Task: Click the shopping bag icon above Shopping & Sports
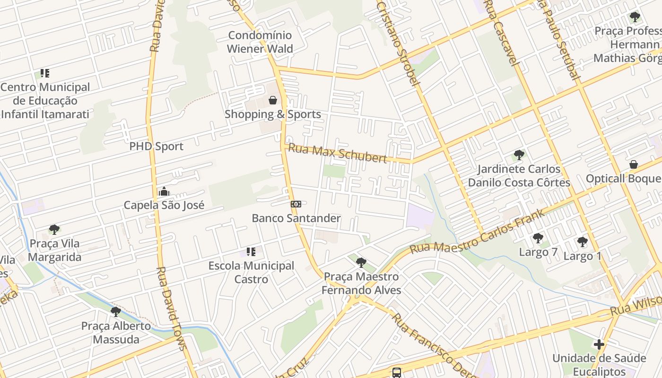click(273, 100)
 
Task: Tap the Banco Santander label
click(296, 218)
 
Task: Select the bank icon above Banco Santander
click(296, 204)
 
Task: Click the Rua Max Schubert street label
click(338, 153)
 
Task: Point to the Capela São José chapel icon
click(164, 191)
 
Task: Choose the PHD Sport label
click(156, 146)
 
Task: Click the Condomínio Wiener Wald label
click(260, 42)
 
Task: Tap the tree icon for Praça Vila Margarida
click(54, 230)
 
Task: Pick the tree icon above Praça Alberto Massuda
click(116, 312)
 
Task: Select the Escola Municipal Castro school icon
click(251, 252)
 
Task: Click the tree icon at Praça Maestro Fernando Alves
click(361, 262)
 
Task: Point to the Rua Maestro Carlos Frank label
click(477, 232)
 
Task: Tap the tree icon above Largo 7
click(538, 238)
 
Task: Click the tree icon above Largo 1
click(582, 242)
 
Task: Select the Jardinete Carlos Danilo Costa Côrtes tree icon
click(519, 155)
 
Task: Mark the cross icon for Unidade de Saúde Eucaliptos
click(599, 344)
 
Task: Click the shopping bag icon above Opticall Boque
click(634, 164)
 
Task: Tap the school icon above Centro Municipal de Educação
click(45, 73)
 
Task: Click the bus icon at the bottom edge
click(397, 372)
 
